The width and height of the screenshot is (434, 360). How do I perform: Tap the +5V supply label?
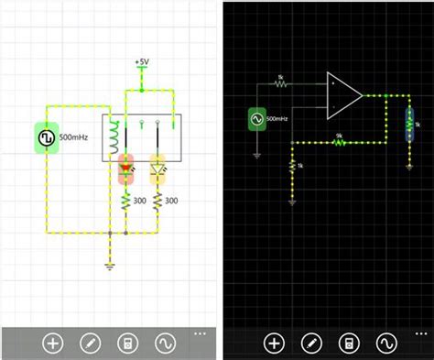click(x=142, y=62)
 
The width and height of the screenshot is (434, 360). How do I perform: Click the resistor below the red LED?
click(x=126, y=201)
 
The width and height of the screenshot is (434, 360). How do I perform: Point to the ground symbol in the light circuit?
click(x=111, y=266)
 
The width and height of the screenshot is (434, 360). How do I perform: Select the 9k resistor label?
click(x=339, y=136)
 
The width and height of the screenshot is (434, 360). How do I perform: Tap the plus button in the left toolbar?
click(x=53, y=344)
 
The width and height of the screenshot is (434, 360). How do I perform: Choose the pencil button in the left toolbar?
click(x=90, y=344)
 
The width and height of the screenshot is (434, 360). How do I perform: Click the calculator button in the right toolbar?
click(x=348, y=344)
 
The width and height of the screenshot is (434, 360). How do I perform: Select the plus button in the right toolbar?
click(x=274, y=344)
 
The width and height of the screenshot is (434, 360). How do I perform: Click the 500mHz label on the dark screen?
click(x=278, y=119)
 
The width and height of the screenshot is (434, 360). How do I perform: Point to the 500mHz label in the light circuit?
click(x=74, y=137)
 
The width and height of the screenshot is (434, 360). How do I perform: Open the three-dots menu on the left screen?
click(x=201, y=333)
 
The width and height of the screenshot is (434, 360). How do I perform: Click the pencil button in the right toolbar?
click(x=311, y=344)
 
